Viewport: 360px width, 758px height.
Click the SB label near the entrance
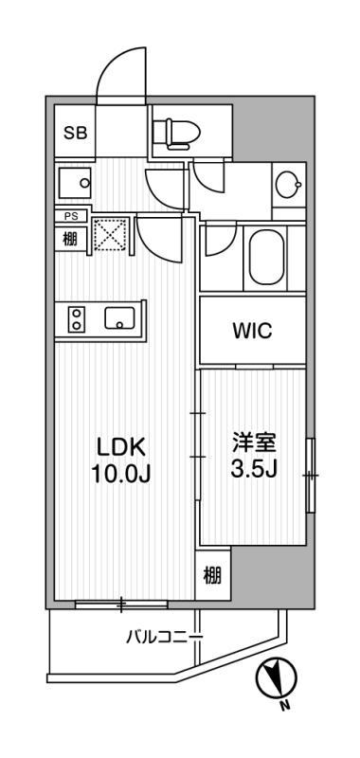(x=75, y=134)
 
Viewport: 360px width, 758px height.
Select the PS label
(x=70, y=216)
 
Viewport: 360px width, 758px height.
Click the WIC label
(x=252, y=331)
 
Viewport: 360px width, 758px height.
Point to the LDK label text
(x=122, y=446)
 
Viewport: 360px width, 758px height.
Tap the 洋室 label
(x=253, y=442)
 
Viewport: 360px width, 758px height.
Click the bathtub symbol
(x=265, y=259)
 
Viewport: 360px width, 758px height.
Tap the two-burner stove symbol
(x=75, y=320)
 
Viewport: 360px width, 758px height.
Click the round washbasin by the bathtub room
(x=285, y=184)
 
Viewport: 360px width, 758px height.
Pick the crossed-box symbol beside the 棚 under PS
(x=113, y=235)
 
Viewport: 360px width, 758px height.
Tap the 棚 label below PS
(x=71, y=239)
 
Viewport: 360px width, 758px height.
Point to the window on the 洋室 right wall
(x=310, y=474)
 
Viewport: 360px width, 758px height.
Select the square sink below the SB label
(x=73, y=182)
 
